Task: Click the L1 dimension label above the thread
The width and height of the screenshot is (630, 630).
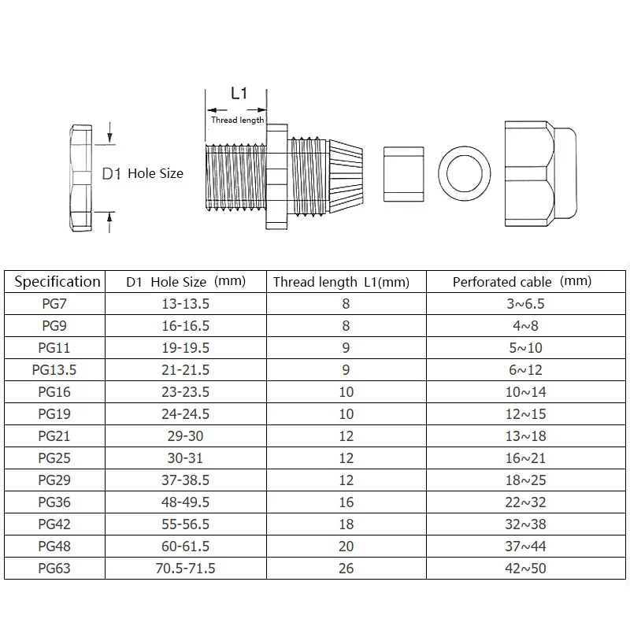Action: click(239, 94)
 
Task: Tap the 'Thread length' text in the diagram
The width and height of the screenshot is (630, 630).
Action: click(237, 120)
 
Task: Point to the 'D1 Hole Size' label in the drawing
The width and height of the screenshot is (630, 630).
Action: click(143, 173)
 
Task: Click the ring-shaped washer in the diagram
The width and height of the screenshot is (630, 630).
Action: click(465, 173)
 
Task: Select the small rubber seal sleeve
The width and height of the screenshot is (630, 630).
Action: click(402, 173)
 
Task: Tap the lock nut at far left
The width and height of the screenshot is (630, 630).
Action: click(81, 179)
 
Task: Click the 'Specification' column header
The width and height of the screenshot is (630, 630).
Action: click(57, 282)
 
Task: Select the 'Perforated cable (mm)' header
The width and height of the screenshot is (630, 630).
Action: click(521, 282)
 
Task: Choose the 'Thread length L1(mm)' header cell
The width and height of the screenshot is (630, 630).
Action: click(340, 282)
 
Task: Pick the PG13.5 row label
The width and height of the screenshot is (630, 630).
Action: click(57, 370)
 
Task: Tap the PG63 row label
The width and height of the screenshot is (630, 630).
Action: click(57, 568)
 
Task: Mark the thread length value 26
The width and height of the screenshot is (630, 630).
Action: click(346, 568)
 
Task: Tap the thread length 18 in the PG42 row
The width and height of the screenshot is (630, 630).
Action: click(346, 524)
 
